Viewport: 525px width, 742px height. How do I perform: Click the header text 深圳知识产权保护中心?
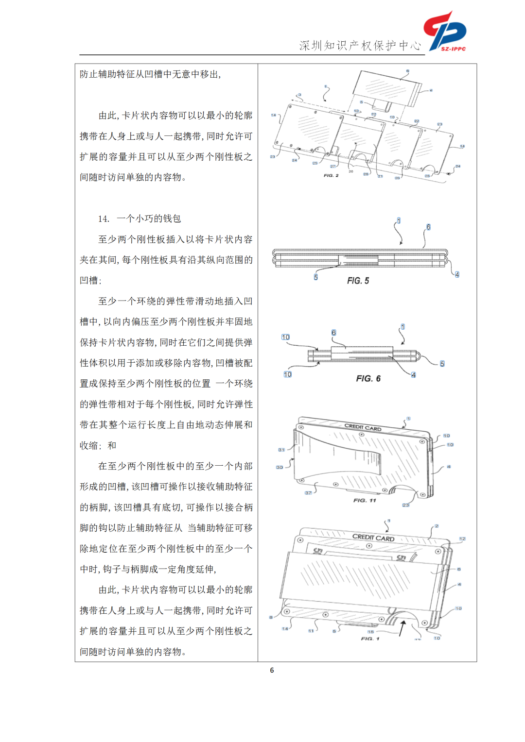pyautogui.click(x=360, y=46)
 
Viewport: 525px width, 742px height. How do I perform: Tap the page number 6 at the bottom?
pyautogui.click(x=272, y=670)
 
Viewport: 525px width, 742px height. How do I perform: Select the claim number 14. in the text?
pyautogui.click(x=104, y=219)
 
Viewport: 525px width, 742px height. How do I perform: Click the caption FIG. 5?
pyautogui.click(x=358, y=281)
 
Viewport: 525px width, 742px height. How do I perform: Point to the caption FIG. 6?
pyautogui.click(x=368, y=378)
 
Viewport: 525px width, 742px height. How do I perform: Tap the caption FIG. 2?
pyautogui.click(x=331, y=175)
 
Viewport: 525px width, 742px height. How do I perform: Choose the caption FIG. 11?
pyautogui.click(x=365, y=500)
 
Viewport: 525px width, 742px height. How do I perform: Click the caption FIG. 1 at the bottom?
pyautogui.click(x=370, y=639)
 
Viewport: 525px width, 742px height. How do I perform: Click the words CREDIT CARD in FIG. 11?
pyautogui.click(x=363, y=427)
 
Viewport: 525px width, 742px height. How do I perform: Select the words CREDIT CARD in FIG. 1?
pyautogui.click(x=373, y=538)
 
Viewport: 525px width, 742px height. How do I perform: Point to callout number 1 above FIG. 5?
pyautogui.click(x=399, y=221)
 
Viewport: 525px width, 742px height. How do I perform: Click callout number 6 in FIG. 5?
pyautogui.click(x=428, y=227)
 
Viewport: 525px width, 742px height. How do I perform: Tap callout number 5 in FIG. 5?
pyautogui.click(x=315, y=277)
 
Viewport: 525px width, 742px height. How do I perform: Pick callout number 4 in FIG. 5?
pyautogui.click(x=457, y=274)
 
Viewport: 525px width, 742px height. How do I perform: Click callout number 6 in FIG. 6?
pyautogui.click(x=333, y=333)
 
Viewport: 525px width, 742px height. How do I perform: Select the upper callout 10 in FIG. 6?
pyautogui.click(x=285, y=337)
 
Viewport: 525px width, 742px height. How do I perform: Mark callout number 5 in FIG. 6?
pyautogui.click(x=442, y=364)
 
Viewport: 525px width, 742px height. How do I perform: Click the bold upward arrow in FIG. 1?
pyautogui.click(x=402, y=627)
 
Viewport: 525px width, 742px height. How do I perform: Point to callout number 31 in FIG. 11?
pyautogui.click(x=281, y=450)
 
